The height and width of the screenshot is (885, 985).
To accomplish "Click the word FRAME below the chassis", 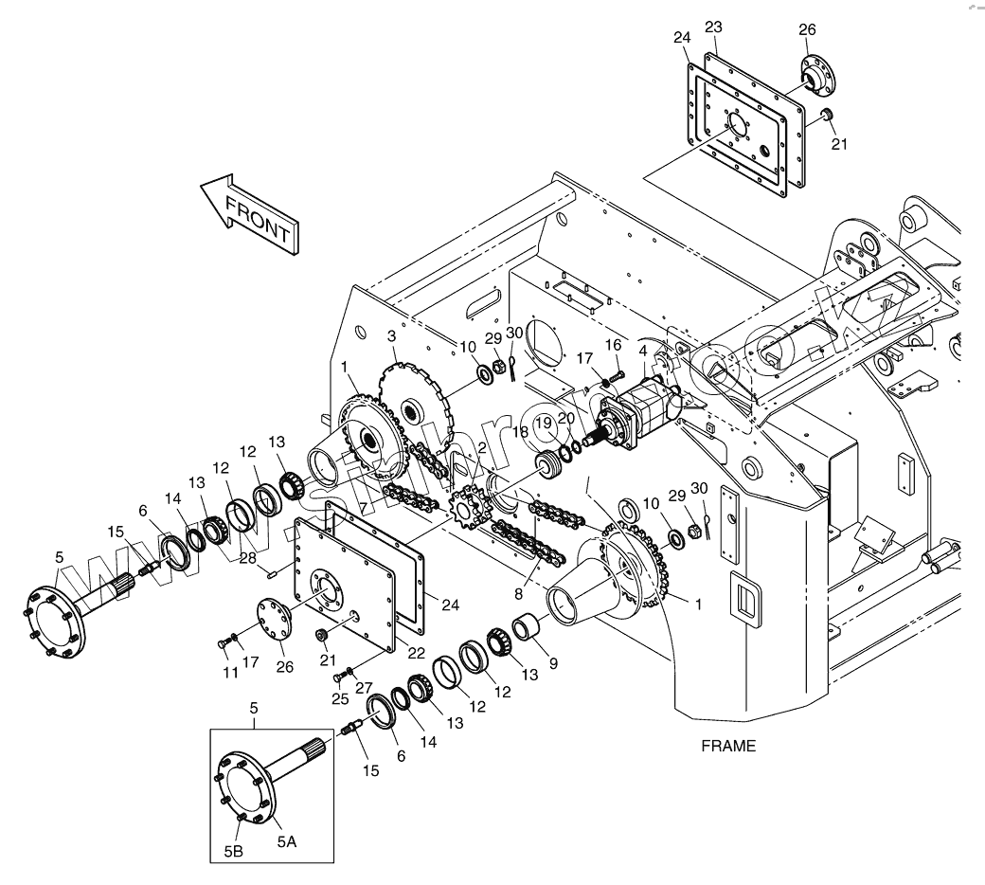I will coord(728,746).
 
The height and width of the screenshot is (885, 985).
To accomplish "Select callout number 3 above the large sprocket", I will coord(391,337).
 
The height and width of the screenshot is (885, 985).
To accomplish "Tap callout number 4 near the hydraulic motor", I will coord(643,351).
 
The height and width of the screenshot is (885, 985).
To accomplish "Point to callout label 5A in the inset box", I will coord(286,840).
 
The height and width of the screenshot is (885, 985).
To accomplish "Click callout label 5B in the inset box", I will coord(234,851).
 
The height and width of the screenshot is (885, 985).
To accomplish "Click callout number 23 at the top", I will coord(714,28).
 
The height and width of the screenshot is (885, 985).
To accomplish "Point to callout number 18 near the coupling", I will coord(520,431).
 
